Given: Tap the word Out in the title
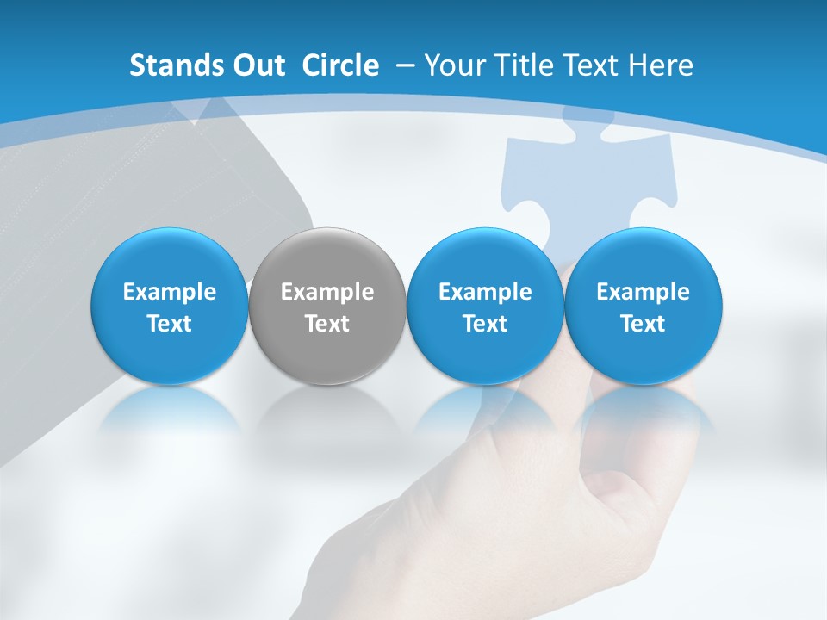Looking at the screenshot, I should [257, 65].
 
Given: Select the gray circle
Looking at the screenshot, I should [327, 306].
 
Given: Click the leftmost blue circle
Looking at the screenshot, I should [170, 306].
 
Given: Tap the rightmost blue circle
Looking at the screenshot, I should [643, 306].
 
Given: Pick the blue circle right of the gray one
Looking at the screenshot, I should [485, 306].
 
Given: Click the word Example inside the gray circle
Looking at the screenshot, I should [327, 292].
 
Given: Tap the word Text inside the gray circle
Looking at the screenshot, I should [327, 324].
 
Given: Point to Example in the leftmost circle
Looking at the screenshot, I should [170, 292].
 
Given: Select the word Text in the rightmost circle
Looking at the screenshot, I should [643, 324].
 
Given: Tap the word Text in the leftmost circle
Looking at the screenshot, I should [170, 324].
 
